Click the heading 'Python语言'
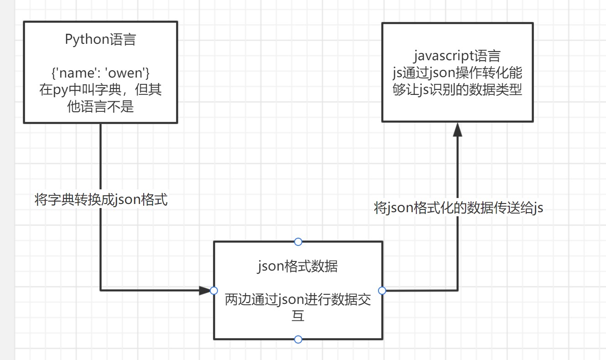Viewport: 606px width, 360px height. coord(100,40)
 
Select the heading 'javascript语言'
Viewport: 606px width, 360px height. coord(457,56)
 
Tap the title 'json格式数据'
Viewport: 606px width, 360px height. coord(298,266)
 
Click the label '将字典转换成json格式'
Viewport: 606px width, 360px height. coord(101,199)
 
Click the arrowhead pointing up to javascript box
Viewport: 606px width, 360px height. coord(457,129)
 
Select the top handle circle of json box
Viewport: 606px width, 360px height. coord(298,241)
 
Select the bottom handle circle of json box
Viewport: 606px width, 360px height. coord(298,339)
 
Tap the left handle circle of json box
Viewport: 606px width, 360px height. coord(213,290)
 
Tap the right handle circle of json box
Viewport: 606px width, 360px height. coord(382,290)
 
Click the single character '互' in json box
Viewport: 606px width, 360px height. coord(298,316)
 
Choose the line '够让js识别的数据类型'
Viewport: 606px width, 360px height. coord(457,89)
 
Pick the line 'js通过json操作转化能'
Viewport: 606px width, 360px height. coord(457,73)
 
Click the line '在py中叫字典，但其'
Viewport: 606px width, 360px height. coord(100,89)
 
